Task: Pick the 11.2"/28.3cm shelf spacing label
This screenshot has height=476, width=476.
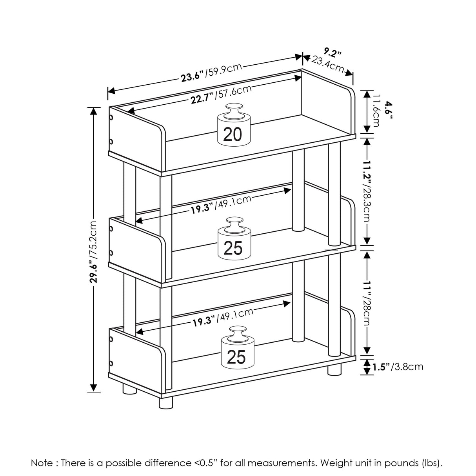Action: pyautogui.click(x=367, y=191)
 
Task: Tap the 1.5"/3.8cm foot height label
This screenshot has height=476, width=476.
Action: pyautogui.click(x=397, y=367)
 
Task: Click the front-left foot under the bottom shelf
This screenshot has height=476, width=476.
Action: pyautogui.click(x=165, y=402)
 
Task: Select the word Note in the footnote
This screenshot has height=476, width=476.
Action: pyautogui.click(x=42, y=463)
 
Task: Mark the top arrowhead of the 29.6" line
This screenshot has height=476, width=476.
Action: pyautogui.click(x=93, y=111)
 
